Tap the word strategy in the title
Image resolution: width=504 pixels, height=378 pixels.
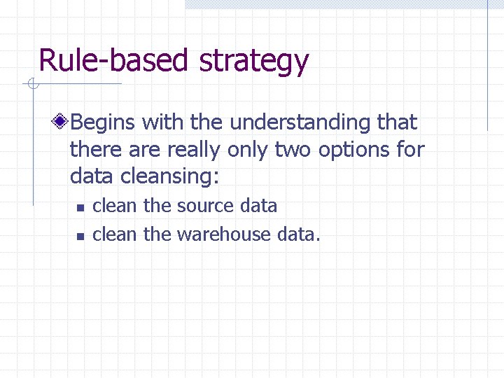coord(253,62)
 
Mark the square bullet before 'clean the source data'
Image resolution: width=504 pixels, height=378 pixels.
coord(80,208)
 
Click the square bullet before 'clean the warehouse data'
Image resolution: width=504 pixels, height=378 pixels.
coord(80,236)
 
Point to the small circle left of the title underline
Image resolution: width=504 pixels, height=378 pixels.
coord(32,85)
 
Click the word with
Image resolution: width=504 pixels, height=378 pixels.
coord(163,122)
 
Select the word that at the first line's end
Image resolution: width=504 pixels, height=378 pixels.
coord(397,122)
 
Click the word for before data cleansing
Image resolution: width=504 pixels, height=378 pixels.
coord(411,150)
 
